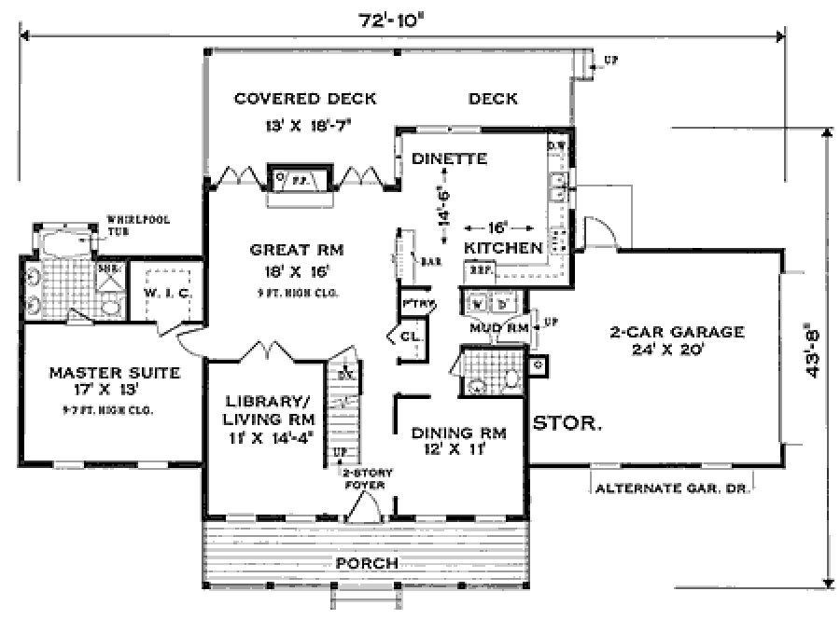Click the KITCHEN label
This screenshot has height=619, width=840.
pyautogui.click(x=504, y=248)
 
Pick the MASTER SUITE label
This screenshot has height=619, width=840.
pyautogui.click(x=101, y=373)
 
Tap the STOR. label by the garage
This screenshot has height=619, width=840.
pyautogui.click(x=567, y=423)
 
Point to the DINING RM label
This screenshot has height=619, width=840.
pyautogui.click(x=458, y=433)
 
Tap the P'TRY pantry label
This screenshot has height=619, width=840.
pyautogui.click(x=413, y=304)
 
